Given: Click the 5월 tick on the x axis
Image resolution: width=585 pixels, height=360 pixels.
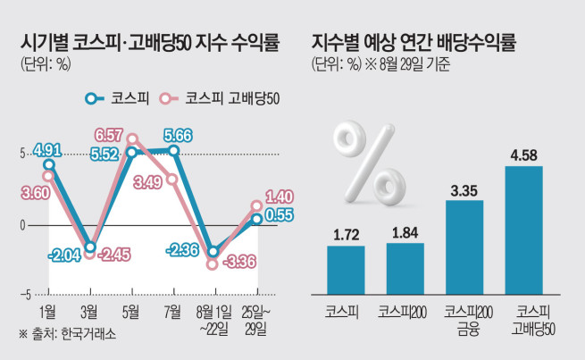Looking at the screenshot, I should (x=130, y=310).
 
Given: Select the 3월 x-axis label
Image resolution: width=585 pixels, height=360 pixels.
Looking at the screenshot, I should (x=89, y=310).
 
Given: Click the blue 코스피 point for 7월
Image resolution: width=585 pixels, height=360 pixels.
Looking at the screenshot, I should (x=173, y=150).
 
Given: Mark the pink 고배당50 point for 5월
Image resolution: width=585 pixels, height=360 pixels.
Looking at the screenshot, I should (x=132, y=138).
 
